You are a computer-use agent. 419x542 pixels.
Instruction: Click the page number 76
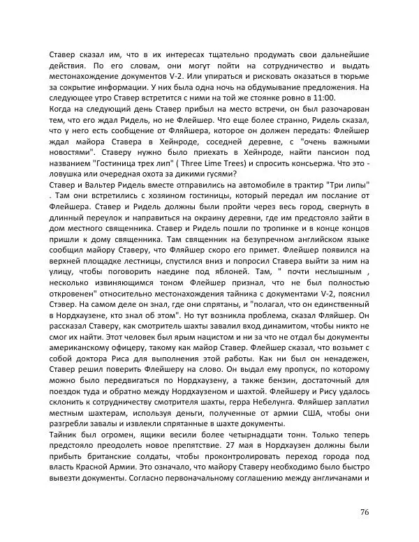[x=364, y=512]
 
